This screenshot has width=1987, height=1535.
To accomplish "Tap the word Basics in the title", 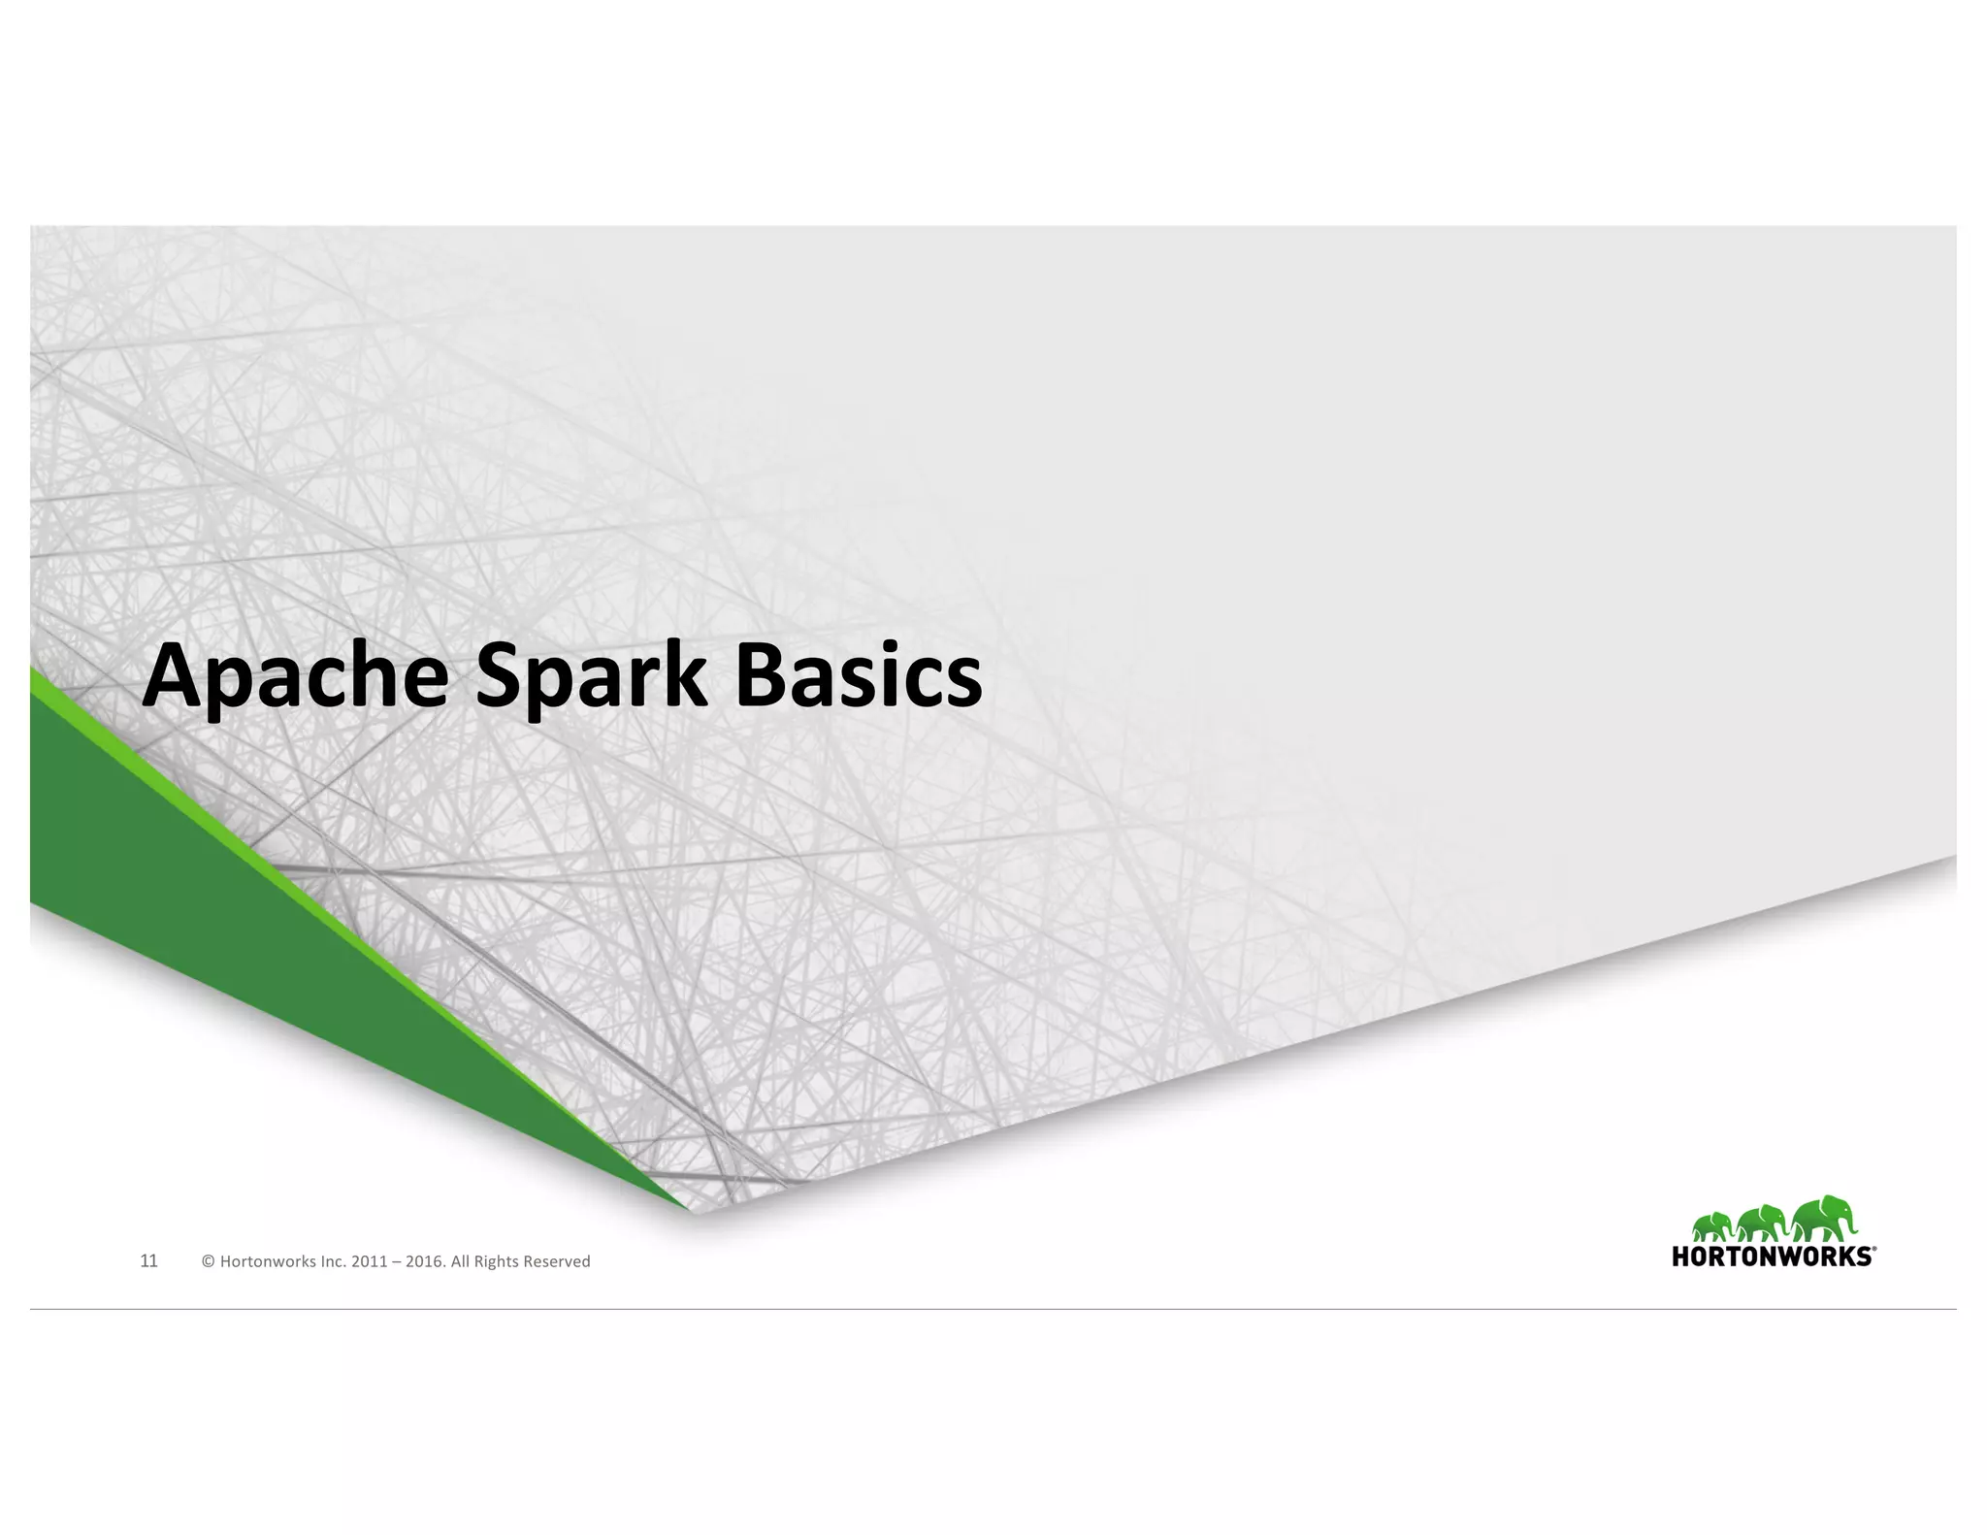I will pyautogui.click(x=858, y=676).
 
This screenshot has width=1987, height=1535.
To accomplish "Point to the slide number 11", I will pyautogui.click(x=149, y=1261).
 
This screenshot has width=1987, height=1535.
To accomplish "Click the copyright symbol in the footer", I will pyautogui.click(x=208, y=1262).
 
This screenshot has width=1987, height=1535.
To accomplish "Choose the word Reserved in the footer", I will pyautogui.click(x=557, y=1262).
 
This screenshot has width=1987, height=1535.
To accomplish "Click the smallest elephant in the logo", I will pyautogui.click(x=1712, y=1227).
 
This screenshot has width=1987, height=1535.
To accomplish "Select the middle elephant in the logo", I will pyautogui.click(x=1761, y=1224).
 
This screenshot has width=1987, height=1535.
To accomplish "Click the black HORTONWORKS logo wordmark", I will pyautogui.click(x=1771, y=1257).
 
